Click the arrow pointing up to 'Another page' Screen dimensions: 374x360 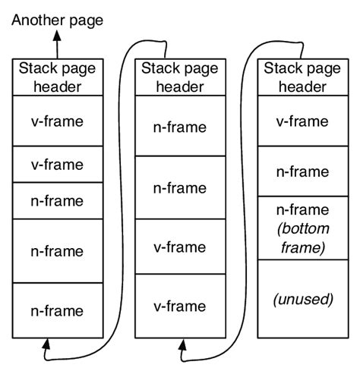55,42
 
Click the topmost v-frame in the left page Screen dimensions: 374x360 58,121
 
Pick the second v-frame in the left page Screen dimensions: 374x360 58,164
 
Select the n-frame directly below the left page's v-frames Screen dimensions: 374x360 58,201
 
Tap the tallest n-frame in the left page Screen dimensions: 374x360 58,250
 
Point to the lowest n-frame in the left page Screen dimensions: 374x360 58,310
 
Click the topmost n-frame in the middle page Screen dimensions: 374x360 179,127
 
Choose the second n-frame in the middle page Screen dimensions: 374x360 179,187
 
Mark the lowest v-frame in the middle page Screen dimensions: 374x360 179,306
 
